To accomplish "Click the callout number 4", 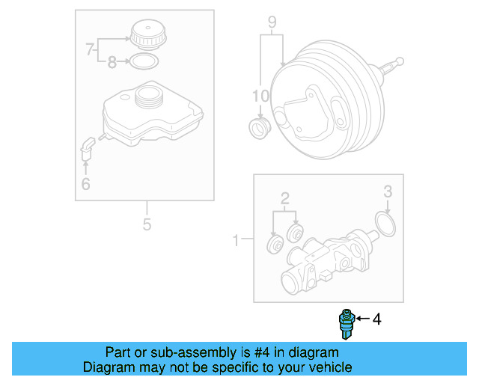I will [376, 319].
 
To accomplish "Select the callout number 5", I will [147, 224].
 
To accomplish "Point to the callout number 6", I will [85, 183].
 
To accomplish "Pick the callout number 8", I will [112, 63].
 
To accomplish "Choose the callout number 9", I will [272, 22].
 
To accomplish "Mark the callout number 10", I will [259, 96].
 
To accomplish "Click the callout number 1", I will [237, 240].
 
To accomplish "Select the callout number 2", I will [284, 198].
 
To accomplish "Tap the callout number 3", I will [388, 192].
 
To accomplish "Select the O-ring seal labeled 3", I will [384, 223].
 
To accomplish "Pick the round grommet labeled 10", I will [259, 127].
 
